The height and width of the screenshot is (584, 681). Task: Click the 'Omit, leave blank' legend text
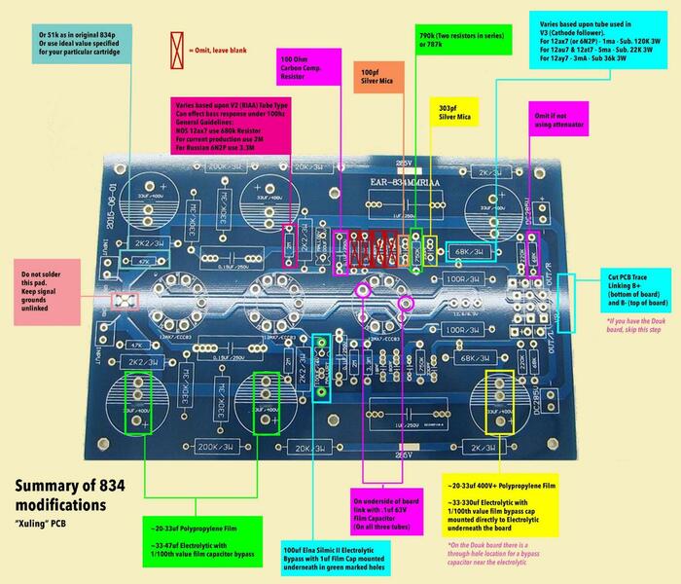tap(225, 45)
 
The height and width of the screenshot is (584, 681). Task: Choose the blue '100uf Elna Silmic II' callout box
tap(331, 556)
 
